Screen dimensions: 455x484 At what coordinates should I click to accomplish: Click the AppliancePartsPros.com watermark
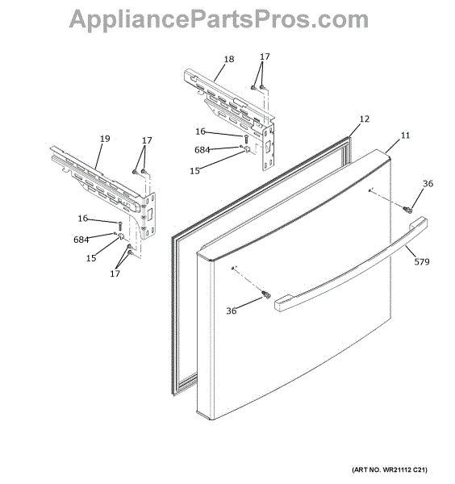click(x=219, y=19)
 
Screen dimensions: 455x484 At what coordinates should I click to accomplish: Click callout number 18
click(x=229, y=59)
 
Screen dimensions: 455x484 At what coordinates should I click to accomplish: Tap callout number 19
click(x=105, y=139)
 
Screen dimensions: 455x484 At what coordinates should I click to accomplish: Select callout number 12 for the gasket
click(x=365, y=119)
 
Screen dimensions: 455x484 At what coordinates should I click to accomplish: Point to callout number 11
click(x=405, y=136)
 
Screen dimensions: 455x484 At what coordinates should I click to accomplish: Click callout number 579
click(x=422, y=261)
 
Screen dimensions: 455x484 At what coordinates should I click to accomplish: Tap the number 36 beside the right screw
click(x=428, y=184)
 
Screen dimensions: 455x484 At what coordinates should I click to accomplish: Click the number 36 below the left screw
click(x=232, y=311)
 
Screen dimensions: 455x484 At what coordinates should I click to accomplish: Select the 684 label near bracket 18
click(x=202, y=150)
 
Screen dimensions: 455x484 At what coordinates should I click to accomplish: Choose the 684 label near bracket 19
click(x=81, y=240)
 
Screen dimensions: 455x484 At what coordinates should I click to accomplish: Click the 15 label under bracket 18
click(x=194, y=171)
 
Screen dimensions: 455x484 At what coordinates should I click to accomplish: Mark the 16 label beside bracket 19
click(x=83, y=219)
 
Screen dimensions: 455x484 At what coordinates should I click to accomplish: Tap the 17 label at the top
click(x=265, y=56)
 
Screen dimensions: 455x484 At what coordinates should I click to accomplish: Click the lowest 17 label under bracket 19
click(x=115, y=273)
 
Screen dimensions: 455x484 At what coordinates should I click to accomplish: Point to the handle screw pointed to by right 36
click(x=407, y=210)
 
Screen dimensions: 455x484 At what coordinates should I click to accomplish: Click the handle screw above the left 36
click(x=266, y=294)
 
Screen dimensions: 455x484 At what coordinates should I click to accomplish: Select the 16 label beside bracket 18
click(x=200, y=131)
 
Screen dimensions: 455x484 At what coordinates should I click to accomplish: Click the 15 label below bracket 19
click(x=91, y=258)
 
